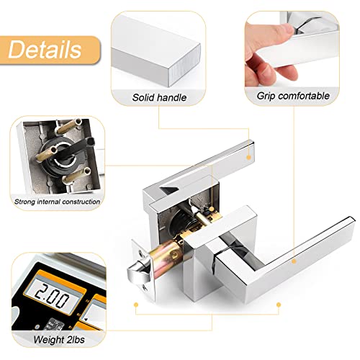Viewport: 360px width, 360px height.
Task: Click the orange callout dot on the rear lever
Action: pyautogui.click(x=248, y=156)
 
